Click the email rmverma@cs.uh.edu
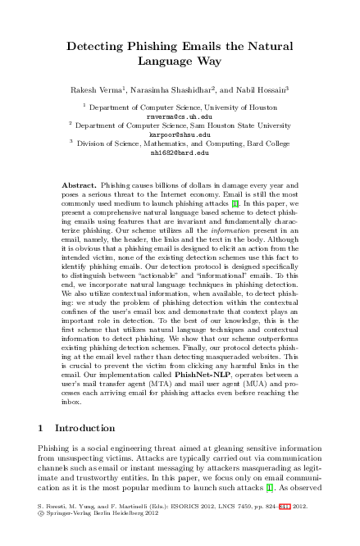[180, 116]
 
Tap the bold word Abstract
[79, 186]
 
